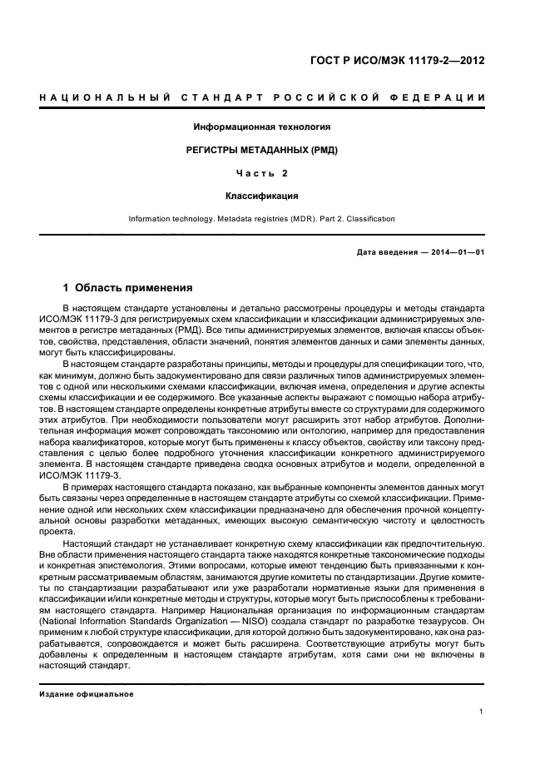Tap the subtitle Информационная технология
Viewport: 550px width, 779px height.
pos(262,127)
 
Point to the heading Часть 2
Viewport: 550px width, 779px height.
pos(262,174)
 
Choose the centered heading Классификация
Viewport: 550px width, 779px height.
pos(262,196)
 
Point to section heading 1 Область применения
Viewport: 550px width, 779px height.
pos(127,289)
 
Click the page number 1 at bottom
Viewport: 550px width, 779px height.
pos(482,711)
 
